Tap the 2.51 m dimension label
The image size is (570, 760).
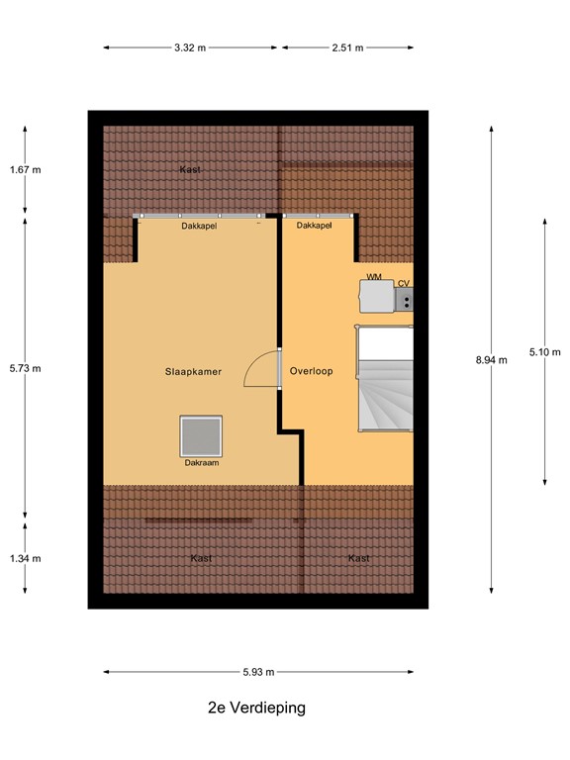click(346, 47)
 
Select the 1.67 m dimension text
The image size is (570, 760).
click(25, 169)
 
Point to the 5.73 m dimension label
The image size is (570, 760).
click(25, 368)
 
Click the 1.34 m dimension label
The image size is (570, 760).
click(25, 558)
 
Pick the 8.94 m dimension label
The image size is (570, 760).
click(491, 360)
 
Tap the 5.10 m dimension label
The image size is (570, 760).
click(544, 351)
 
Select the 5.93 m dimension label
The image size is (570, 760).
click(258, 672)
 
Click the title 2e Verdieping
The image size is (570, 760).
click(257, 708)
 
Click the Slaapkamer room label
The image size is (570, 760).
click(193, 372)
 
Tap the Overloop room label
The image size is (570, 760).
click(311, 372)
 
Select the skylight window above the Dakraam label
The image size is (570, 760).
click(201, 435)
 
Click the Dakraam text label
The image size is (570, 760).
click(201, 462)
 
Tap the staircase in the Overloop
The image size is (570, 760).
click(385, 381)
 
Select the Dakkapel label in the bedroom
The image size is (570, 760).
click(199, 227)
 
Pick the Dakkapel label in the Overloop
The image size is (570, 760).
click(314, 227)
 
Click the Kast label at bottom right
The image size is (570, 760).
click(358, 558)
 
